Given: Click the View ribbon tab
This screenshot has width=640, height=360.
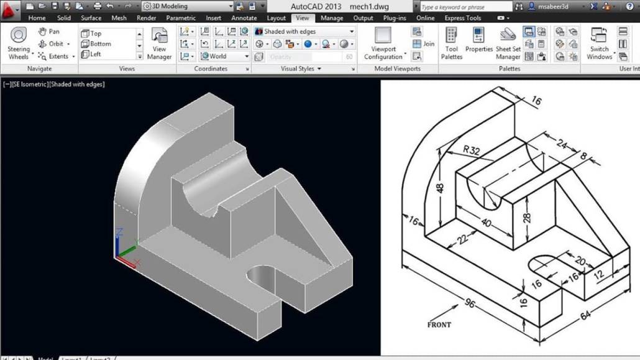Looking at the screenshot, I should [x=302, y=18].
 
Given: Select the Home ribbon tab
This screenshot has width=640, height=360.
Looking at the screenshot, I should [x=37, y=18].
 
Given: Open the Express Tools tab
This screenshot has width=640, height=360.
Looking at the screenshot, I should [x=462, y=18].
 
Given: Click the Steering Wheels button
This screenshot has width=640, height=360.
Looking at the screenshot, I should [x=19, y=43].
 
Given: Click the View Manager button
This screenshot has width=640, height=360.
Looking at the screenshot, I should [x=159, y=44].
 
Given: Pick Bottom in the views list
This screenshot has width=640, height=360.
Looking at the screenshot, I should [x=99, y=44].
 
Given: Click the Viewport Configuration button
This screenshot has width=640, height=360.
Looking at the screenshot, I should [x=383, y=43].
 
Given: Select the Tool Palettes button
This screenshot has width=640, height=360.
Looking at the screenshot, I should [x=452, y=43].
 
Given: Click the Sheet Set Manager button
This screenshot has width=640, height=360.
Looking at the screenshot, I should [x=508, y=43].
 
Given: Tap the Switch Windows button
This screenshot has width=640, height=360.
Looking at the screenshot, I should [x=599, y=43].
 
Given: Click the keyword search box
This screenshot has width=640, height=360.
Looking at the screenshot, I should [x=465, y=7].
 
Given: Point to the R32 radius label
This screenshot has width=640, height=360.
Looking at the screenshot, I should [x=473, y=150].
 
